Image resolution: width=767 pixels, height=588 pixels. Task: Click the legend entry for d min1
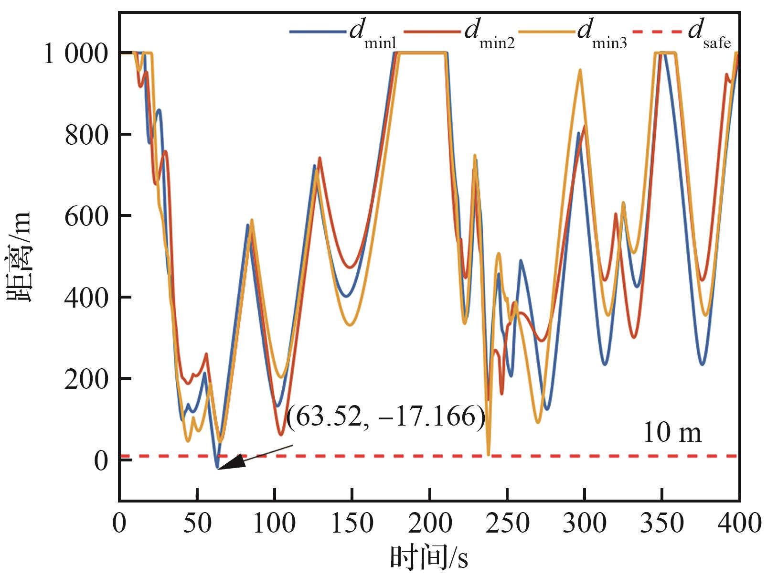pos(373,33)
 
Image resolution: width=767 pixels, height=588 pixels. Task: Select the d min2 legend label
pos(489,33)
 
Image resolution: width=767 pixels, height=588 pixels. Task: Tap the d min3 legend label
pos(602,33)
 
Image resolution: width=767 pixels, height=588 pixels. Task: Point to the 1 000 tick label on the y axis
pos(75,54)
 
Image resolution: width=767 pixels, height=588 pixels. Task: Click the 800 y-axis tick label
pos(86,135)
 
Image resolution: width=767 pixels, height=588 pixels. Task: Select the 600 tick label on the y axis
pos(86,216)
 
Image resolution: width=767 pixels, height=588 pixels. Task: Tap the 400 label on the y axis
pos(86,298)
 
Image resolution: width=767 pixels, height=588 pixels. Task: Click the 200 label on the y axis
pos(86,379)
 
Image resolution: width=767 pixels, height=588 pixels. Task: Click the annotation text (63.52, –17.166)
pos(386,417)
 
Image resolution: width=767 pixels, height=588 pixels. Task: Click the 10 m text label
pos(672,433)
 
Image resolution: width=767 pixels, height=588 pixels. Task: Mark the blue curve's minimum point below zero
pos(217,468)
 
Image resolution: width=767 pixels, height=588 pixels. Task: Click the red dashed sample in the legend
pos(657,32)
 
